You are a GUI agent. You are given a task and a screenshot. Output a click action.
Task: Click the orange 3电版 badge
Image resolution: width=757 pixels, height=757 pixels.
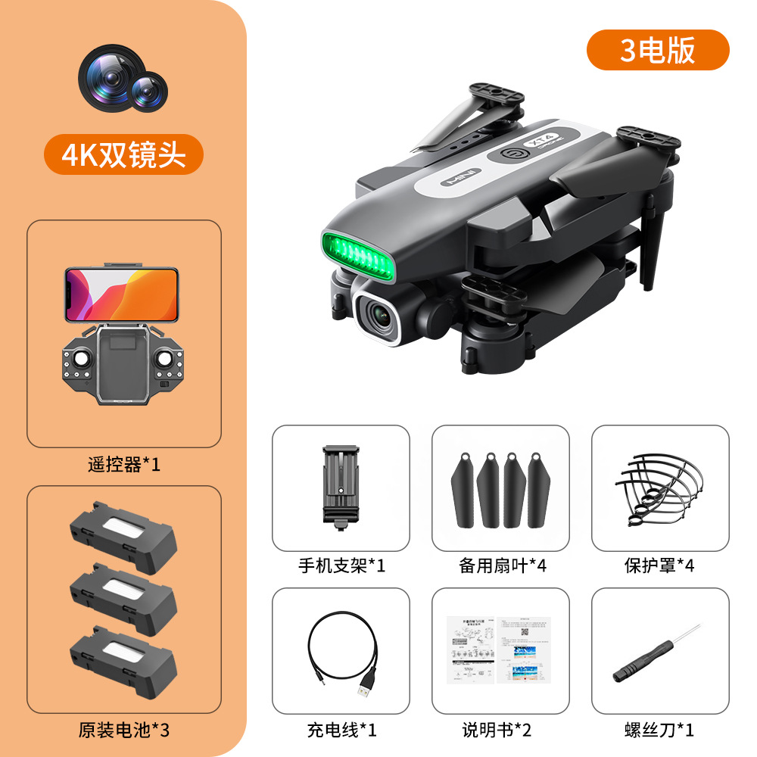(658, 50)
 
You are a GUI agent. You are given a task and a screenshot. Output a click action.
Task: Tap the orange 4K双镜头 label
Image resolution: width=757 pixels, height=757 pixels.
(123, 154)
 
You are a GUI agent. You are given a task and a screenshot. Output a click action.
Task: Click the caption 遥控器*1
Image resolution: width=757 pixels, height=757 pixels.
(124, 464)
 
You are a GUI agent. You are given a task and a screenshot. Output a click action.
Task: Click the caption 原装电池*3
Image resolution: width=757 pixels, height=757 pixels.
(124, 731)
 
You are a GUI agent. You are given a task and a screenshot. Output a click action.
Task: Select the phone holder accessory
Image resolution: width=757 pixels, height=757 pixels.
(340, 485)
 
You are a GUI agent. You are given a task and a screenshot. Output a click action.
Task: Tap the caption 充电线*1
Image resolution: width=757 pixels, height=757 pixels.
(341, 731)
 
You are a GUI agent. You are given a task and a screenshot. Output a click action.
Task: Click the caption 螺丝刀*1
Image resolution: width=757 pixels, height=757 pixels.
(659, 731)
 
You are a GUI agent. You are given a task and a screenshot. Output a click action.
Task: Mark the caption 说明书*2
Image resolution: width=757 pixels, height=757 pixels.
(500, 731)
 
